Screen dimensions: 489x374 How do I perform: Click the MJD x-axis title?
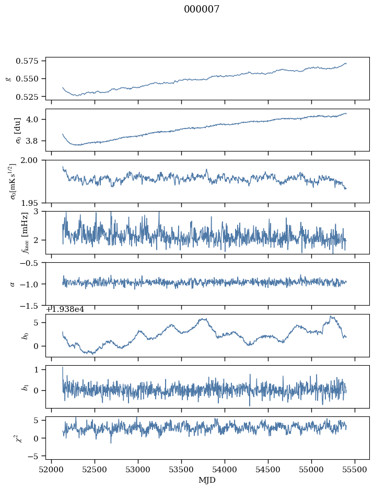(x=208, y=480)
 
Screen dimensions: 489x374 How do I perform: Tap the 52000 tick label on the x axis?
(x=51, y=469)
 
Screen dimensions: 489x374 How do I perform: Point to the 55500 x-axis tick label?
(x=355, y=469)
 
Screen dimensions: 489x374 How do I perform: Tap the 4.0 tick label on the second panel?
(x=35, y=119)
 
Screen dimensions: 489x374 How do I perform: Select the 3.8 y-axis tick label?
(x=35, y=141)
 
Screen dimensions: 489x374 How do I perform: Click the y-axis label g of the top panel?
(x=8, y=78)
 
